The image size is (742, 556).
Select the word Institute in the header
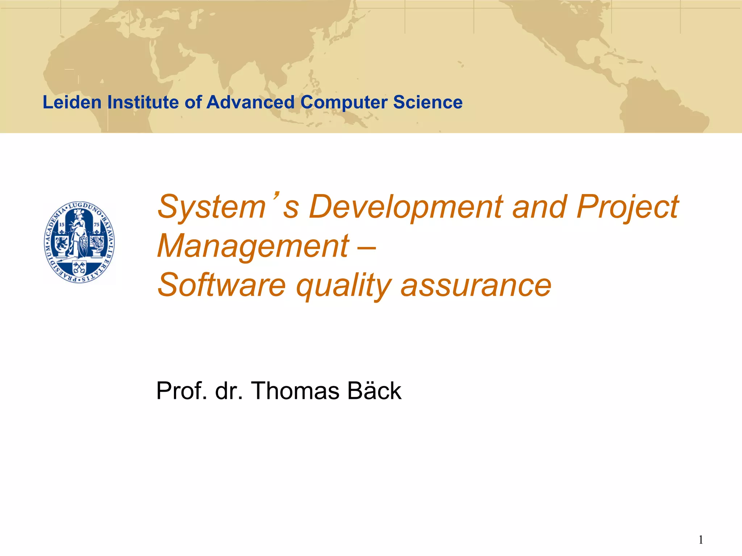[x=144, y=102]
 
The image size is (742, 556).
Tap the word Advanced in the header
[x=250, y=102]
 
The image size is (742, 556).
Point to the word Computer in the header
[x=344, y=102]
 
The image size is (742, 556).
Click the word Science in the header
[x=428, y=102]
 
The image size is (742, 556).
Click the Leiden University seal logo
[x=79, y=242]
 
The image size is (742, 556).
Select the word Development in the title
[x=406, y=207]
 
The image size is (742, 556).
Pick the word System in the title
[x=212, y=207]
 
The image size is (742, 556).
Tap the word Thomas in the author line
[x=295, y=391]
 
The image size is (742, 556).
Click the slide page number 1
[x=701, y=540]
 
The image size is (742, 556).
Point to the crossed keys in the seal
[x=79, y=268]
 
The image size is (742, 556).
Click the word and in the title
[x=539, y=207]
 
